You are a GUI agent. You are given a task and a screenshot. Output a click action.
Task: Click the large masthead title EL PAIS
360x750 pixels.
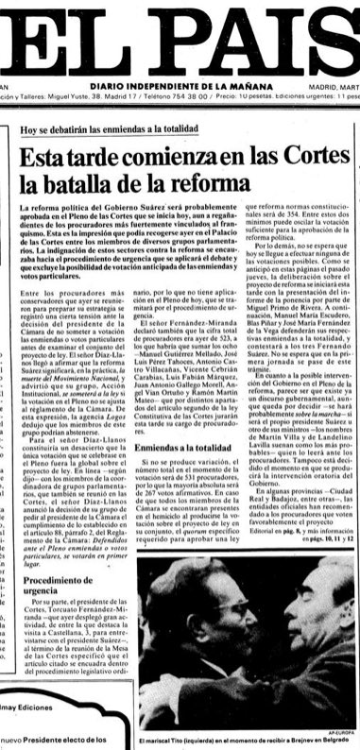click(180, 38)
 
